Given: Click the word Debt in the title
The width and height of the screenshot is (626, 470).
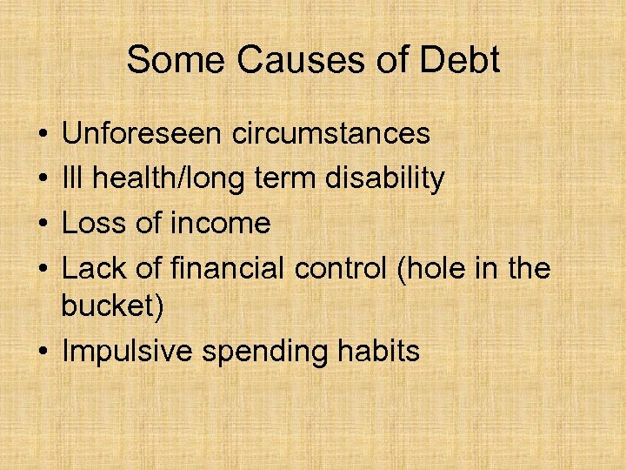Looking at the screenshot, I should pyautogui.click(x=463, y=61).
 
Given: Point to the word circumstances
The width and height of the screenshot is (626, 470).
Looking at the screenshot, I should pyautogui.click(x=331, y=133).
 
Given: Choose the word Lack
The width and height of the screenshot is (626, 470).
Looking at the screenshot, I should pyautogui.click(x=93, y=269).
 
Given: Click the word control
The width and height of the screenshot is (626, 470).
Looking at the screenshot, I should pyautogui.click(x=329, y=269).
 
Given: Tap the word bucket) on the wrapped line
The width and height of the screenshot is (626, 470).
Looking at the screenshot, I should pyautogui.click(x=112, y=307).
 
